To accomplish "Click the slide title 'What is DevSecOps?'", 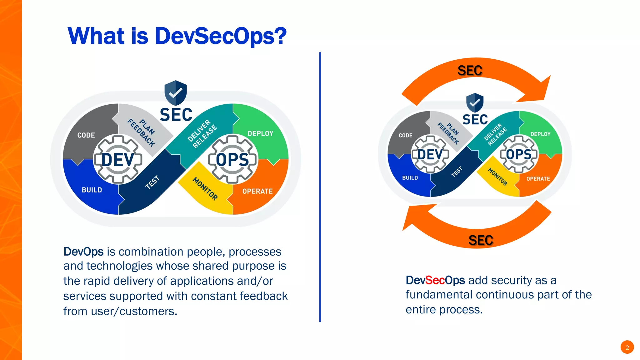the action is coord(177,36).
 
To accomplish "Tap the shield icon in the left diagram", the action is coord(176,92).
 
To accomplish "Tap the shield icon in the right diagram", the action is coord(475,102).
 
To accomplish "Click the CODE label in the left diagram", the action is coord(86,135).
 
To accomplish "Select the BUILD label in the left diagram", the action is coord(92,190).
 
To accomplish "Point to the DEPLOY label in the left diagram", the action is coord(260,134).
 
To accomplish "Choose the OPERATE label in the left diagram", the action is coord(257,191).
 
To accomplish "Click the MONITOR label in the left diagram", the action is coord(205,188).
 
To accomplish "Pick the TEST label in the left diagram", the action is coord(152,182).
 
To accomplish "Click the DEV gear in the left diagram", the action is coord(118,160).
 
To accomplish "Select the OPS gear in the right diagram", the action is coord(519,154).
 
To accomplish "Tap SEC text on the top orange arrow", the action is coord(470,71).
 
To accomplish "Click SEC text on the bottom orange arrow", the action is coord(481,240).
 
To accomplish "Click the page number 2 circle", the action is coord(627,347).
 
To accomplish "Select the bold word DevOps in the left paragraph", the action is coord(83,252).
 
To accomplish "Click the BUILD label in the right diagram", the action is coord(410,178).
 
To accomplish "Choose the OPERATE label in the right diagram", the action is coord(538,179).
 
